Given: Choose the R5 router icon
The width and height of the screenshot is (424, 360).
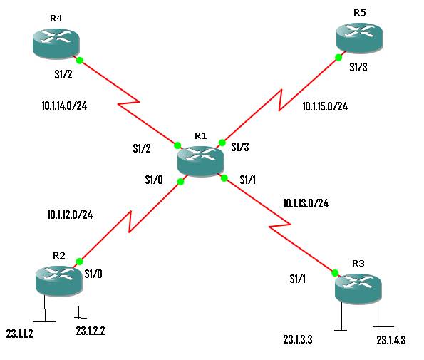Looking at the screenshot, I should tap(360, 36).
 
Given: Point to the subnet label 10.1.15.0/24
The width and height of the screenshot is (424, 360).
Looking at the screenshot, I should tap(325, 107).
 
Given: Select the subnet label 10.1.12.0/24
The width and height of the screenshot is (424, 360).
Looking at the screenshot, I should tap(70, 214).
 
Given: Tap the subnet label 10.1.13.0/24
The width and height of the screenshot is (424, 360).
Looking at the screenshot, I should tap(306, 203).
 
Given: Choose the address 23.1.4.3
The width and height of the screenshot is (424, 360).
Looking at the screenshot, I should tap(391, 340).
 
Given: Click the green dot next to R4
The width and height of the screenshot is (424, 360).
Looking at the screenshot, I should tap(80, 61).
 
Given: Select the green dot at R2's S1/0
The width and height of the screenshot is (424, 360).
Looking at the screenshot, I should tap(80, 262).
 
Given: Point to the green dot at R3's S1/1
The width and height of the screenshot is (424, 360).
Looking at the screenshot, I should tap(333, 272).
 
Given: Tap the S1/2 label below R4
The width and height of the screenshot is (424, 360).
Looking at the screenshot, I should tap(63, 73).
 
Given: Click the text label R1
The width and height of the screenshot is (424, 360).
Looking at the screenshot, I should tap(200, 135).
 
